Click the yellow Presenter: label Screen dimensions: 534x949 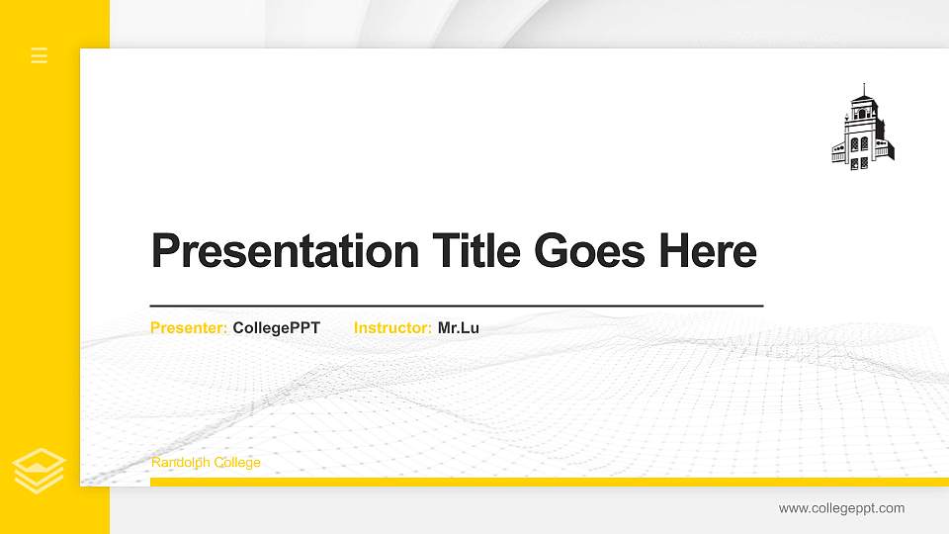(189, 327)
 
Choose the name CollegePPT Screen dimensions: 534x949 (277, 327)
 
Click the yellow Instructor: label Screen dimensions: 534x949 (392, 327)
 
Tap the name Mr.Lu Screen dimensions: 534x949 (459, 327)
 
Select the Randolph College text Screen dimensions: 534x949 (206, 463)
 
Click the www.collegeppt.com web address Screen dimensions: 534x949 (841, 508)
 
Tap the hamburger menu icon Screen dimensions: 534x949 (40, 55)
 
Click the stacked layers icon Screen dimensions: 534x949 (39, 470)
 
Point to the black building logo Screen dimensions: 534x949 (862, 129)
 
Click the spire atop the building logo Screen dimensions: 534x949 (864, 90)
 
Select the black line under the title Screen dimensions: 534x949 (457, 306)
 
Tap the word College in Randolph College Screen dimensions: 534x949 (237, 463)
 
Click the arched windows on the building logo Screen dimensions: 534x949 (860, 144)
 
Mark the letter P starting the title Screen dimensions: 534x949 (165, 251)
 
